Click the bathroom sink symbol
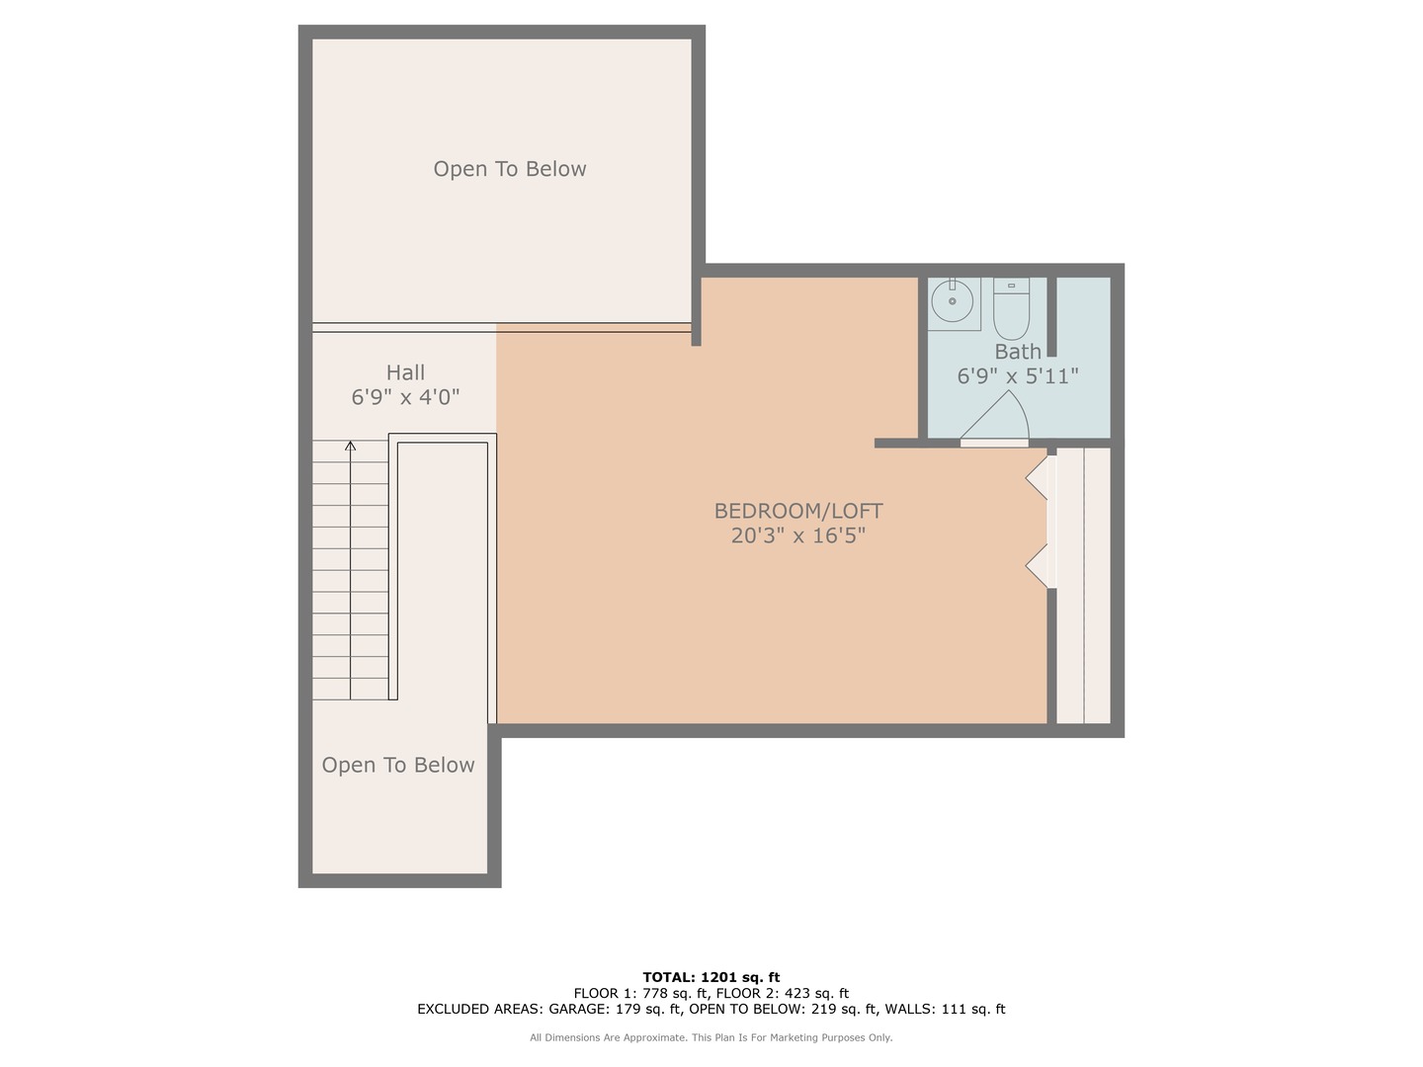coord(953,301)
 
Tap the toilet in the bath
coord(1011,309)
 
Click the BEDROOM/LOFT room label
coord(797,511)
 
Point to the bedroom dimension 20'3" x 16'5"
coord(797,535)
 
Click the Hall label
coord(405,372)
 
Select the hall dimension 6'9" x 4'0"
coord(405,397)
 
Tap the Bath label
coord(1017,352)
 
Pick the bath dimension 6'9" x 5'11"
coord(1017,376)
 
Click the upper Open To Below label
coord(509,169)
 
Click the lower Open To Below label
coord(398,765)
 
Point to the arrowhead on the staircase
coord(350,447)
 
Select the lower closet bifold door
coord(1038,566)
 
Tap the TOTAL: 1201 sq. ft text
coord(711,977)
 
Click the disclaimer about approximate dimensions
coord(711,1037)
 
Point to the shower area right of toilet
coord(1084,357)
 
